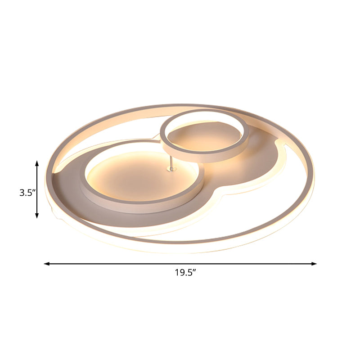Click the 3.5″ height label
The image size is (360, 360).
(x=27, y=193)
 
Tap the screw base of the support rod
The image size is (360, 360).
(x=170, y=169)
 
